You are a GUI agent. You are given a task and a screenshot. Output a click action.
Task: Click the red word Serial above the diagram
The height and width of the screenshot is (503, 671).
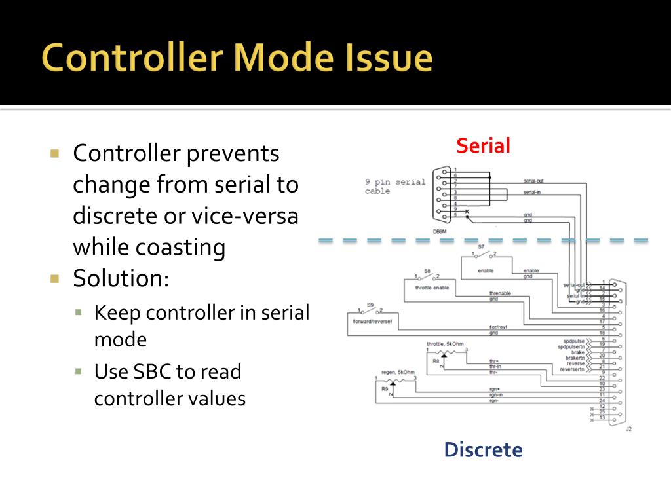tap(483, 145)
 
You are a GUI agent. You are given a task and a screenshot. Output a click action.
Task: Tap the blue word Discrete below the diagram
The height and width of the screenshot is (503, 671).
tap(483, 450)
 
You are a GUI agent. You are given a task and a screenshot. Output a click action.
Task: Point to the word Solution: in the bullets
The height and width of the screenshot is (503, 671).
tap(121, 278)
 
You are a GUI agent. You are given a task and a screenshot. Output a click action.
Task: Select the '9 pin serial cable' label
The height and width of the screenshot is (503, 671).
tap(395, 187)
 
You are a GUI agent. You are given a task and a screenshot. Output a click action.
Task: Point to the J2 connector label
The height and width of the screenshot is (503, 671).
tap(628, 429)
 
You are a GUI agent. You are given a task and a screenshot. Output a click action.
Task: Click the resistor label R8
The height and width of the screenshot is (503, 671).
tap(436, 360)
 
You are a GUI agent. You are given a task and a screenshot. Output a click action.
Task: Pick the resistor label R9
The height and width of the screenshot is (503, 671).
tap(385, 389)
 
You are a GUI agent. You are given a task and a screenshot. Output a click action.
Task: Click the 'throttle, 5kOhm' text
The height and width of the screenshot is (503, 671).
tap(446, 343)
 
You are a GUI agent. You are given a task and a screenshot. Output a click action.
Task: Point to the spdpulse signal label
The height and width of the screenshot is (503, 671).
tap(573, 341)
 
